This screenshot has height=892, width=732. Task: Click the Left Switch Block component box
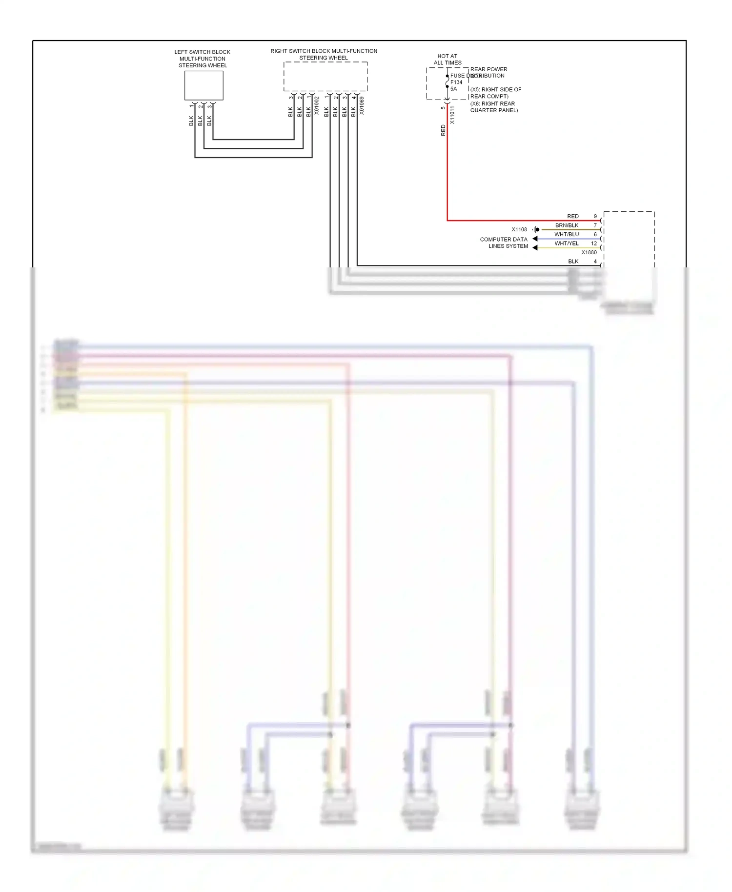203,85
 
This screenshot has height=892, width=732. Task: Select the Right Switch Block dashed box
325,76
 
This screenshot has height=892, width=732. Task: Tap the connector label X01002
316,105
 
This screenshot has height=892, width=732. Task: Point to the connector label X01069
362,105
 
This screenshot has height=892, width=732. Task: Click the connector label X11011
452,115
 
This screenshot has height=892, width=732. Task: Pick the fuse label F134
456,82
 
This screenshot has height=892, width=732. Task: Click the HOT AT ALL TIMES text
447,60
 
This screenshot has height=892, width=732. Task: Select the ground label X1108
519,229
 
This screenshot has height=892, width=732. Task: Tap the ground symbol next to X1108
536,229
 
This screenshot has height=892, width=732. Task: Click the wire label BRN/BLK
567,225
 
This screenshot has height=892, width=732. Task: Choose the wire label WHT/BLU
567,235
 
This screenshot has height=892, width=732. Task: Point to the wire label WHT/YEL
567,243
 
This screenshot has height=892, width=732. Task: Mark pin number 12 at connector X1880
594,243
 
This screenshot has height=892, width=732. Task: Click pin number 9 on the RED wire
595,216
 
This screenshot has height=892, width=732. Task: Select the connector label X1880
589,252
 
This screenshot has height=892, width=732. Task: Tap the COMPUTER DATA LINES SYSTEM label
504,243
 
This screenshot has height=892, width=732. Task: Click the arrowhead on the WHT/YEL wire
535,248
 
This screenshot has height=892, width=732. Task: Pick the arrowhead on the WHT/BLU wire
535,239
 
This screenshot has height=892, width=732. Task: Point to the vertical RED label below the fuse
443,130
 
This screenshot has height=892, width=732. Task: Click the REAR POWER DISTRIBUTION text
488,73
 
